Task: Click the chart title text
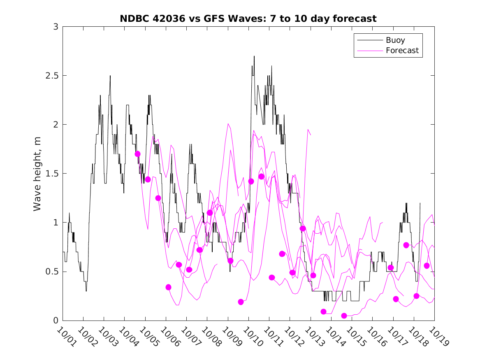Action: pos(248,19)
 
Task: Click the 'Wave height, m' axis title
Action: pos(37,174)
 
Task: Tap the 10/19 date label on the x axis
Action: pos(437,337)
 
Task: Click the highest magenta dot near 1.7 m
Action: pos(137,154)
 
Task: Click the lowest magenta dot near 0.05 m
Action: pos(344,316)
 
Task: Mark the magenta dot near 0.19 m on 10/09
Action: pos(241,302)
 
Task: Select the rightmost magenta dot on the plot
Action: pos(427,266)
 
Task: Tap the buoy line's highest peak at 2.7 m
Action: pos(254,56)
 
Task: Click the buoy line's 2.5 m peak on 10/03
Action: pos(110,76)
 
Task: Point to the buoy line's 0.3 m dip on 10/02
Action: pos(86,291)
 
